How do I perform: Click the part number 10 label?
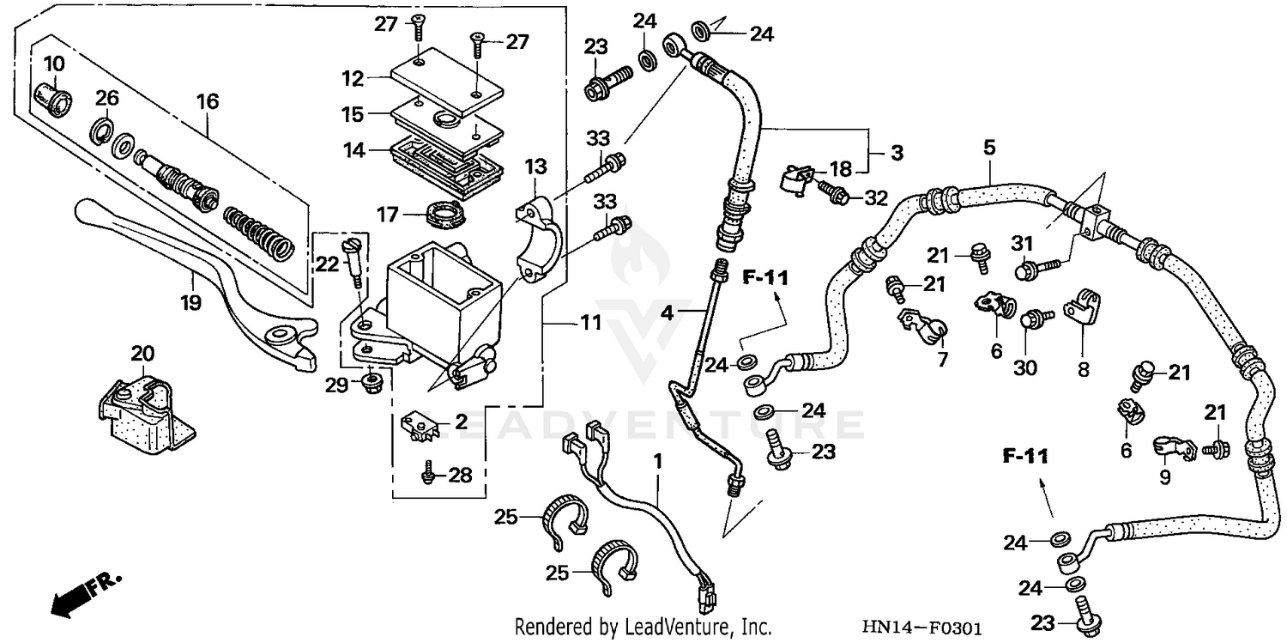[x=53, y=64]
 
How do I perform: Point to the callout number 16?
[x=208, y=102]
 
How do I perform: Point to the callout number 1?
[x=658, y=461]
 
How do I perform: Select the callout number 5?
[x=989, y=148]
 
